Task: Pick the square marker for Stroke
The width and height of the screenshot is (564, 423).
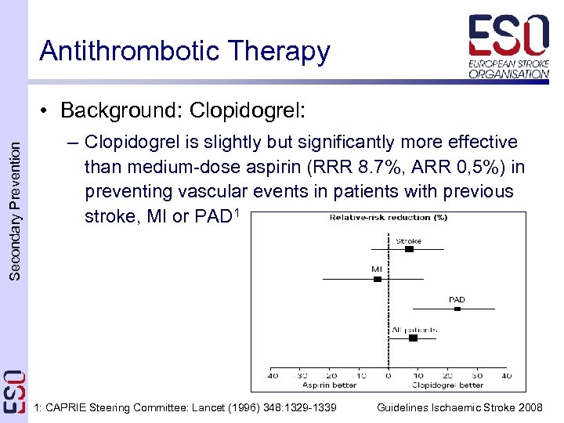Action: click(409, 249)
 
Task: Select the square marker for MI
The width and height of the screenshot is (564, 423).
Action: click(378, 278)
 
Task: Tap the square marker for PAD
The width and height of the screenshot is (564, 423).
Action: click(457, 309)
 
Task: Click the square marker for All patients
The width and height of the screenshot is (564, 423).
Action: click(413, 338)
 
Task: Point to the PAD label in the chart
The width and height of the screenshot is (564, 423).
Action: click(457, 299)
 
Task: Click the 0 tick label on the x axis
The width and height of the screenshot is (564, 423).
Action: click(388, 376)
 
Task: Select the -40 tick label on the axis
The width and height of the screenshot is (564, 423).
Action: click(271, 376)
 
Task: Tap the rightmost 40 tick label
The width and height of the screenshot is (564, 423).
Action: click(506, 376)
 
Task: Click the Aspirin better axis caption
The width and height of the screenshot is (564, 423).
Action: click(329, 385)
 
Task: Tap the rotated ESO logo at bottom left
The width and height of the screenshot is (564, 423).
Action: click(14, 392)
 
